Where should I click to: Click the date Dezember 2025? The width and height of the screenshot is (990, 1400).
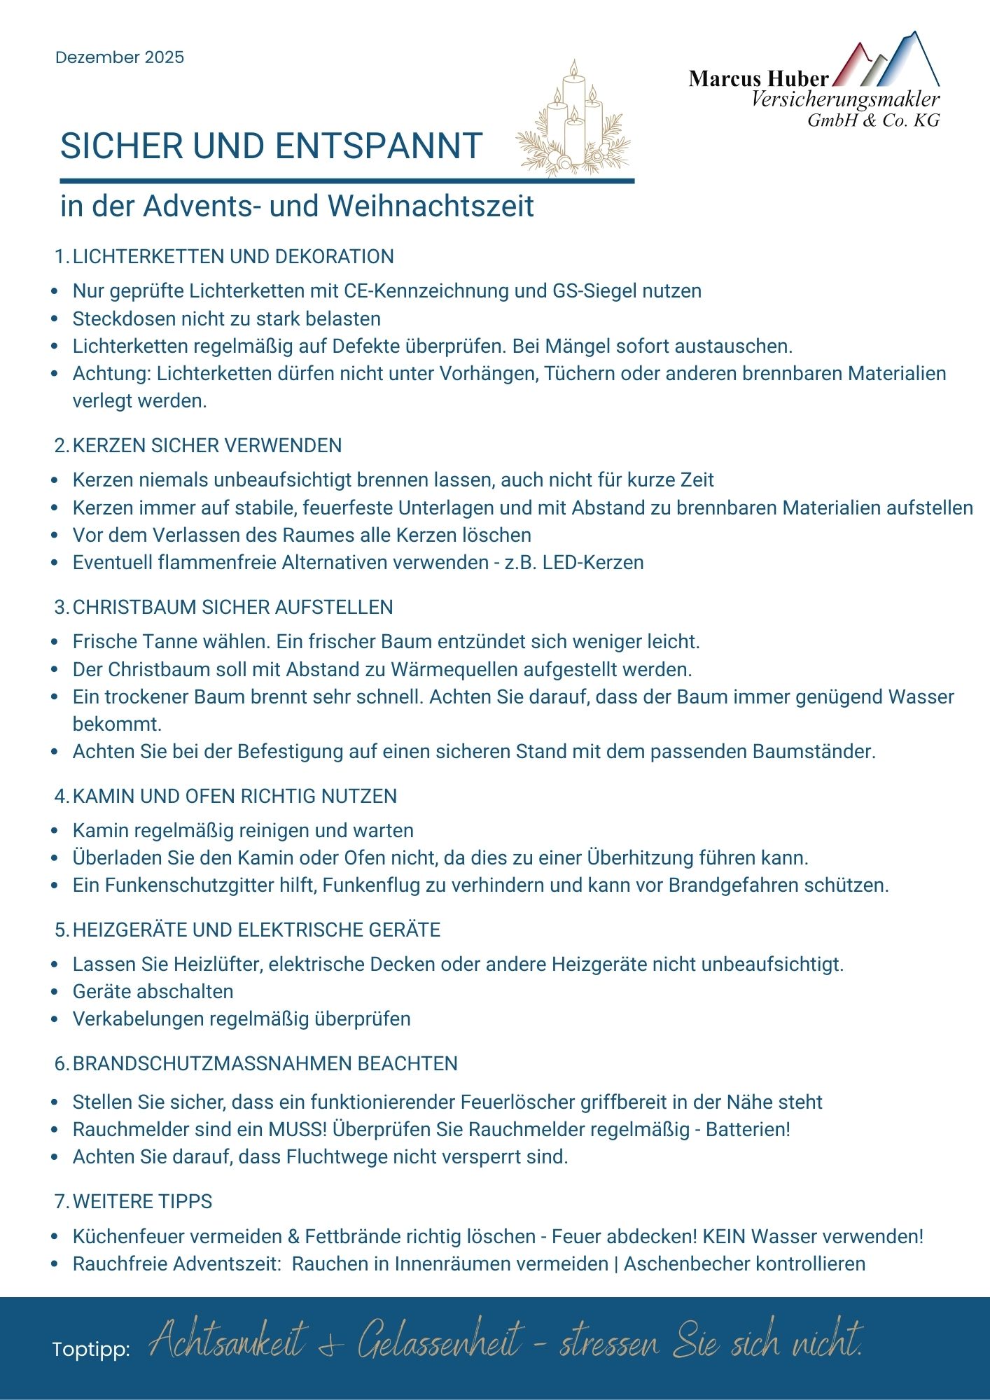[120, 57]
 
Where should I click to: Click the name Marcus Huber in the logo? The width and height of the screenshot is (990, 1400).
[758, 78]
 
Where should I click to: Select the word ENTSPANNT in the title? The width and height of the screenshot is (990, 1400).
[378, 146]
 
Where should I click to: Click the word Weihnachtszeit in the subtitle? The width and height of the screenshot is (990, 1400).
[431, 206]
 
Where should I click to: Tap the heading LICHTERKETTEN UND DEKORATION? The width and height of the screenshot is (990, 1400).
[233, 256]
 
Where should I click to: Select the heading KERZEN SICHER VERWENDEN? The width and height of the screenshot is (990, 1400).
[207, 445]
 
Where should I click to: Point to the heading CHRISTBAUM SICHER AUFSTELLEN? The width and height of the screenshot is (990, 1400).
[232, 607]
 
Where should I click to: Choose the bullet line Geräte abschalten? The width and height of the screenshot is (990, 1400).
[153, 992]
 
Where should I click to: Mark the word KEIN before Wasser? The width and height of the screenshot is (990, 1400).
[724, 1237]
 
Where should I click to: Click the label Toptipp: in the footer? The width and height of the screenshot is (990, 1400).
[91, 1350]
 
